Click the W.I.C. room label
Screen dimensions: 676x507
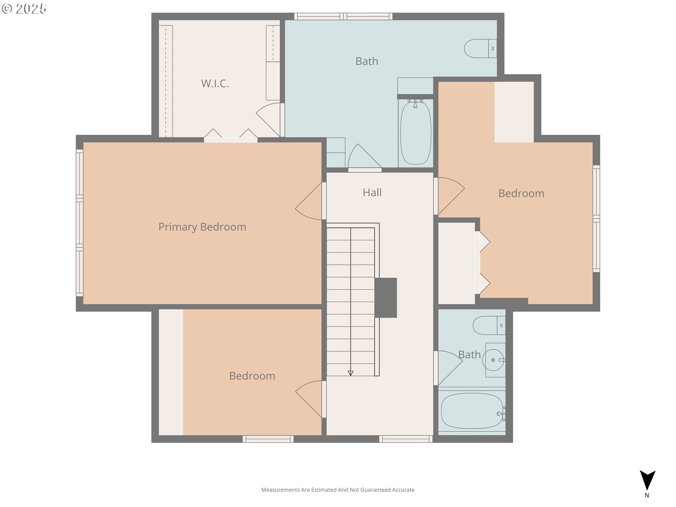tap(215, 83)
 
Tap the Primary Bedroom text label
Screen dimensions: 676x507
tap(202, 227)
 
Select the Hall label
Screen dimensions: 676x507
tap(372, 193)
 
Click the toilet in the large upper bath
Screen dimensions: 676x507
tap(481, 48)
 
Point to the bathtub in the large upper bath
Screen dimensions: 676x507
tap(416, 133)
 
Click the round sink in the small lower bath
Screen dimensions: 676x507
tap(493, 360)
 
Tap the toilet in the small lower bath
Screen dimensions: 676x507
tap(489, 325)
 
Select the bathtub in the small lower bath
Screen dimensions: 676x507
tap(472, 411)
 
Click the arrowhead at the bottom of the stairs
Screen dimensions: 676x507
tap(350, 373)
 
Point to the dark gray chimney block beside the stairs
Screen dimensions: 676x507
tap(386, 298)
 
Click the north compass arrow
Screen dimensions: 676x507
tap(647, 480)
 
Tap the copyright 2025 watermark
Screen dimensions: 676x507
tap(24, 9)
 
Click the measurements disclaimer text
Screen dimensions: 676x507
tap(338, 490)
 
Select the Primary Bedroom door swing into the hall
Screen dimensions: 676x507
tap(309, 201)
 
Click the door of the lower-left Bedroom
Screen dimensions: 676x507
tap(309, 399)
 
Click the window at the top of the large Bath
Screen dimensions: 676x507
tap(343, 16)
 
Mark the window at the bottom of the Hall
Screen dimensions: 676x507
tap(406, 439)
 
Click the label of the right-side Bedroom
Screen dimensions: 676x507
tap(521, 193)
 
